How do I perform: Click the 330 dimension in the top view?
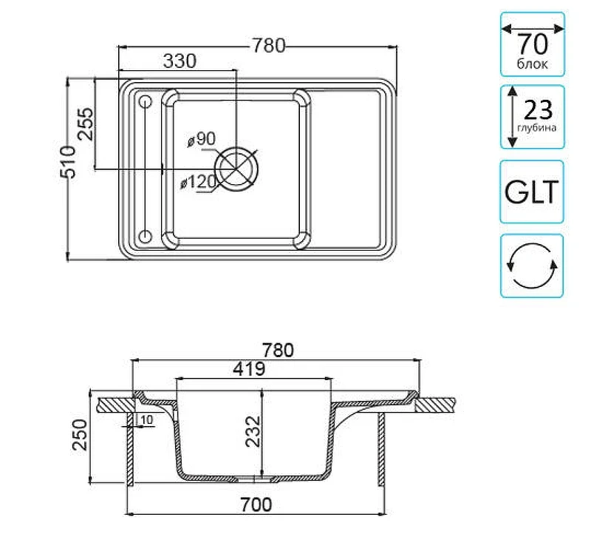pos(180,61)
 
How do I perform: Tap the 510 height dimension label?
pos(68,162)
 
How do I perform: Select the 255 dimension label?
pos(85,124)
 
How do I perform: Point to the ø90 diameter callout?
pos(202,139)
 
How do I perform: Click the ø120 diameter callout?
pos(198,182)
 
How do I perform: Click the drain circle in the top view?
pos(236,169)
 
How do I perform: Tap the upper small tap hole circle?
pos(146,102)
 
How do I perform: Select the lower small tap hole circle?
pos(146,236)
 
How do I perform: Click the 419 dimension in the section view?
pos(249,369)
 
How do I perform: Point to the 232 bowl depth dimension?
pos(253,431)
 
